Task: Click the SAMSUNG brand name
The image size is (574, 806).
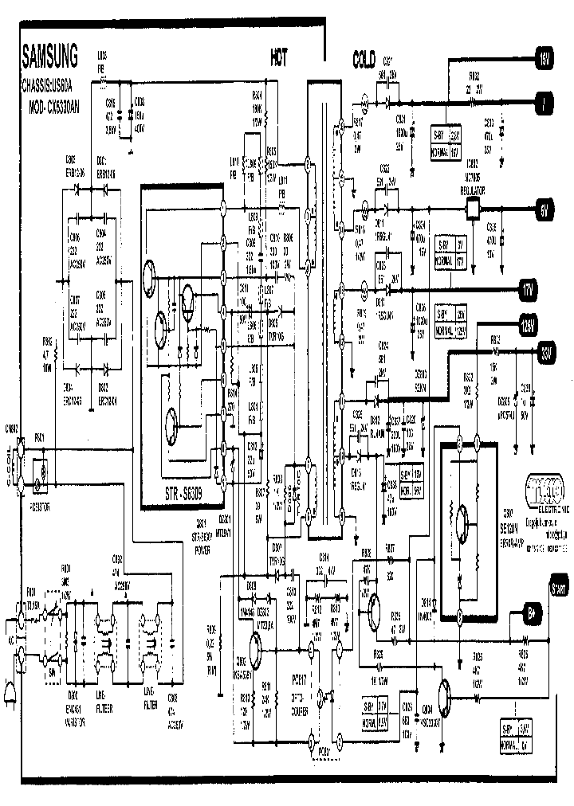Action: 49,57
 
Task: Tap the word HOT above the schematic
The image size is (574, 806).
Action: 279,58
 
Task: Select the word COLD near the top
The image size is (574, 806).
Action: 368,58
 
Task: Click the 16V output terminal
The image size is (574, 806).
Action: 545,57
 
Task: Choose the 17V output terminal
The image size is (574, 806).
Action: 529,288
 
